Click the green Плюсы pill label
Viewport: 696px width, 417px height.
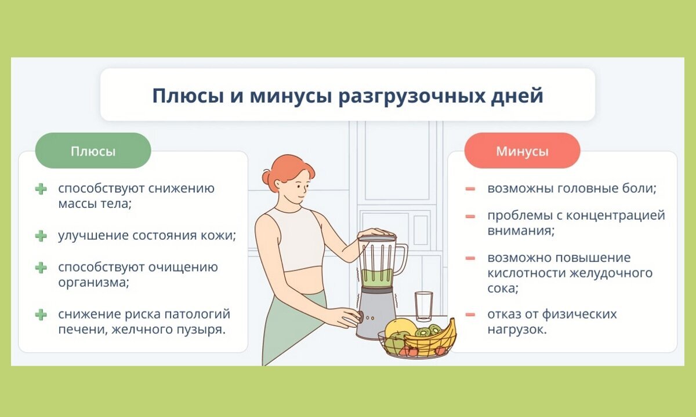point(93,151)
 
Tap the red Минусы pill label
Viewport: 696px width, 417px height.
point(523,151)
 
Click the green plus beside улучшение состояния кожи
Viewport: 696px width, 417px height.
point(41,236)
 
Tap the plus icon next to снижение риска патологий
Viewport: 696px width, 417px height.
point(41,314)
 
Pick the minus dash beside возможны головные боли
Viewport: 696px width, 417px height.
point(470,189)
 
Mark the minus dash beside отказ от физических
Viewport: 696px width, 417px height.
point(470,314)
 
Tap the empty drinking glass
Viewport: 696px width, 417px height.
point(424,306)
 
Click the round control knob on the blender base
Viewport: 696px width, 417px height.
point(359,317)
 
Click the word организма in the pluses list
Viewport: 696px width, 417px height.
point(93,283)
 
